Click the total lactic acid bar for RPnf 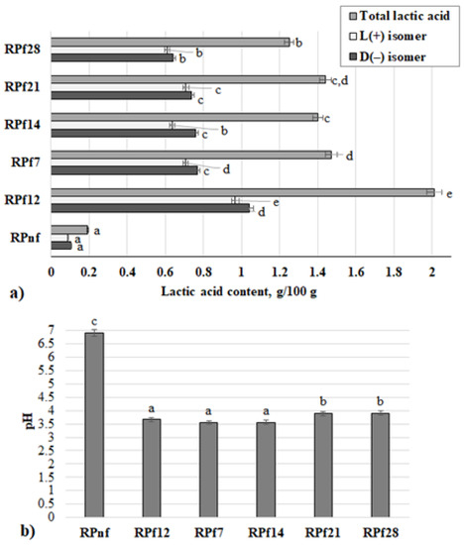pos(69,229)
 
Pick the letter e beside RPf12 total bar pos(448,194)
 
